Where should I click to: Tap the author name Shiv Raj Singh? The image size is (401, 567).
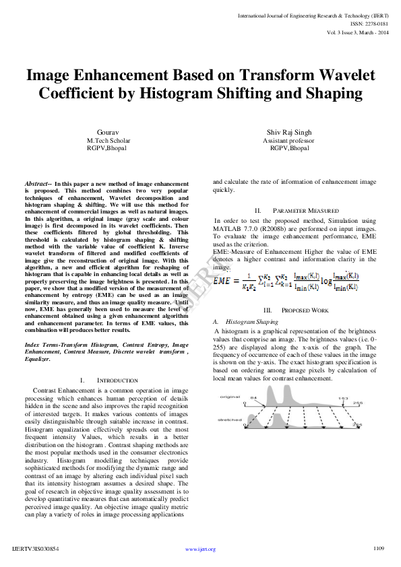tap(288, 133)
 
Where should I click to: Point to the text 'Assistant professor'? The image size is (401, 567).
tap(289, 141)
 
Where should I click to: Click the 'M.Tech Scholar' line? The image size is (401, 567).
tap(109, 141)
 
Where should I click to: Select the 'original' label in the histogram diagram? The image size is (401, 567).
tap(230, 398)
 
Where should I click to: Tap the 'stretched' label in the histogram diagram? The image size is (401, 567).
tap(230, 419)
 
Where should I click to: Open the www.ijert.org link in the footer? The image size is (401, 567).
tap(200, 549)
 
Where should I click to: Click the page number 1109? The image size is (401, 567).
tap(378, 549)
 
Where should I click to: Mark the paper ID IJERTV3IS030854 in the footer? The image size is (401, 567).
tap(36, 549)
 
